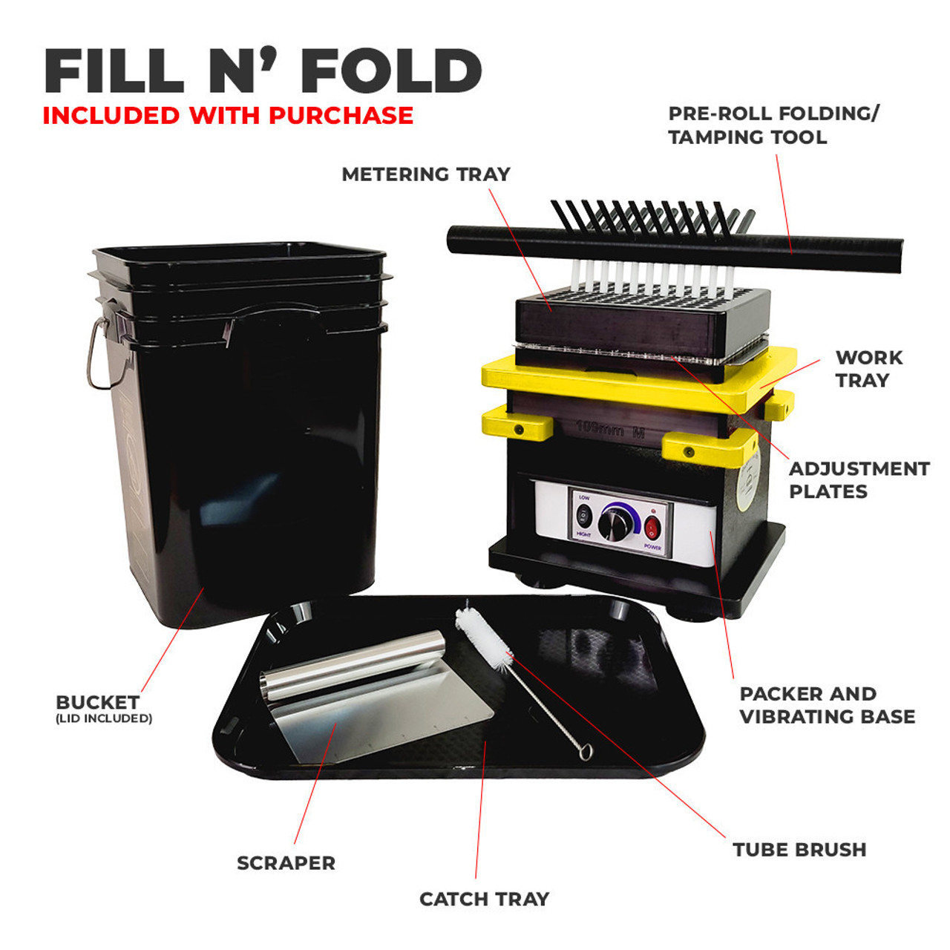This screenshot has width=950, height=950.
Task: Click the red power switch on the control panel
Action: (x=652, y=528)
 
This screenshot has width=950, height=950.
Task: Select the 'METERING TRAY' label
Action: (x=426, y=174)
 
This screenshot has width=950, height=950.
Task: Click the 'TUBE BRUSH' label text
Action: (x=799, y=850)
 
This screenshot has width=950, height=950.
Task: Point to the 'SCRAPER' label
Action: (x=286, y=863)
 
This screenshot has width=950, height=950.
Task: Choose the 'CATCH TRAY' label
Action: (x=484, y=900)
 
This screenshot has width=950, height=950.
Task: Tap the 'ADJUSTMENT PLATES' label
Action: (x=859, y=480)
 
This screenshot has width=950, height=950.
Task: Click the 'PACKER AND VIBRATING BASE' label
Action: (x=827, y=705)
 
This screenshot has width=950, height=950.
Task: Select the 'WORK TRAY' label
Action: (x=868, y=369)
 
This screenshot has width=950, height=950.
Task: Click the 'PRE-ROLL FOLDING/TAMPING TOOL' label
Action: (x=773, y=125)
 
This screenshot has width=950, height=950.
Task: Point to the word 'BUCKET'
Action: (x=97, y=702)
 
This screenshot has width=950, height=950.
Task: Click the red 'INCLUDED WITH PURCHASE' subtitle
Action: (x=228, y=116)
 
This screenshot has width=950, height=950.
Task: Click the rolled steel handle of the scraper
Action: (x=353, y=664)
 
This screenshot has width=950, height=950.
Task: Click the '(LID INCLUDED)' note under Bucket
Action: (x=104, y=718)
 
